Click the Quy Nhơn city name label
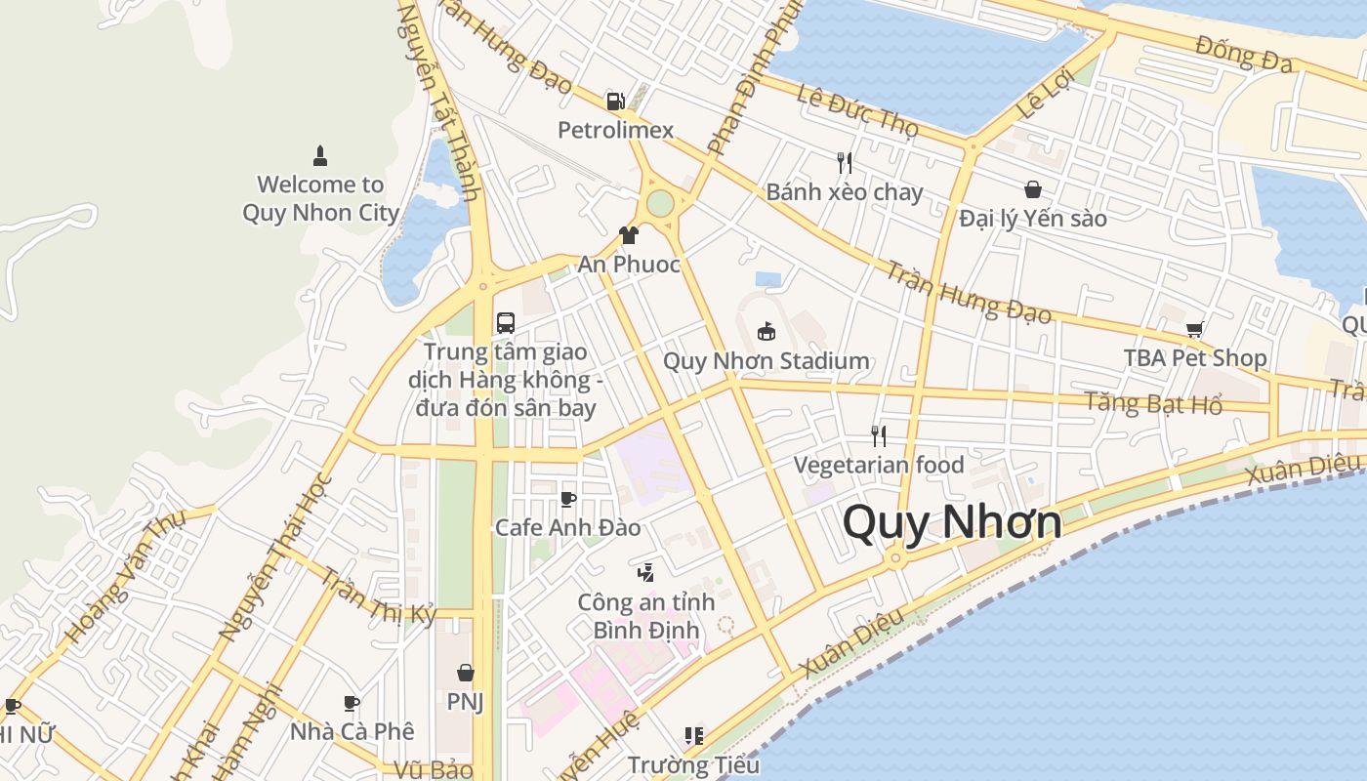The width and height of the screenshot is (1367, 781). tap(951, 522)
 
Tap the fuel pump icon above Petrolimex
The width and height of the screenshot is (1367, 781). tap(615, 101)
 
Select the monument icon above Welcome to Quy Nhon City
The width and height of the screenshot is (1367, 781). tap(319, 155)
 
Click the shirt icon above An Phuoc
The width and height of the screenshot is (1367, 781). tap(629, 235)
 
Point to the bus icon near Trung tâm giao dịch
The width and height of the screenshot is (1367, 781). tap(506, 322)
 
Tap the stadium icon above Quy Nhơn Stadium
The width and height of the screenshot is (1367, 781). tap(766, 332)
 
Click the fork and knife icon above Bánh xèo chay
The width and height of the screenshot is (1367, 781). tap(845, 162)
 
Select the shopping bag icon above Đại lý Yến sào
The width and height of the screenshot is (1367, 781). tap(1032, 189)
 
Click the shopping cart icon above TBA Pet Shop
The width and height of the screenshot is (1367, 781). tap(1194, 329)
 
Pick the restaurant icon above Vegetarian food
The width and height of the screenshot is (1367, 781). tap(879, 435)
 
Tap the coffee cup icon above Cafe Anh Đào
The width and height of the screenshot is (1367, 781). tap(567, 500)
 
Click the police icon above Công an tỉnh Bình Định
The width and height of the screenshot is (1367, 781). tap(644, 573)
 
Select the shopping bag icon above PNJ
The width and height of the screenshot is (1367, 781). tap(466, 673)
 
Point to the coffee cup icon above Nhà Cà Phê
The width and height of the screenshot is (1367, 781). tap(352, 703)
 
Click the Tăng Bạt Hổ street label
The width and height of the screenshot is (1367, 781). tap(1153, 401)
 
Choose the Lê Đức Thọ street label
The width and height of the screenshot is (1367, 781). tap(857, 110)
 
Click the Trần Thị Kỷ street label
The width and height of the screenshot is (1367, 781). tap(378, 596)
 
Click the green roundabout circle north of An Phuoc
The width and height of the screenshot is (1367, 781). tap(660, 203)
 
